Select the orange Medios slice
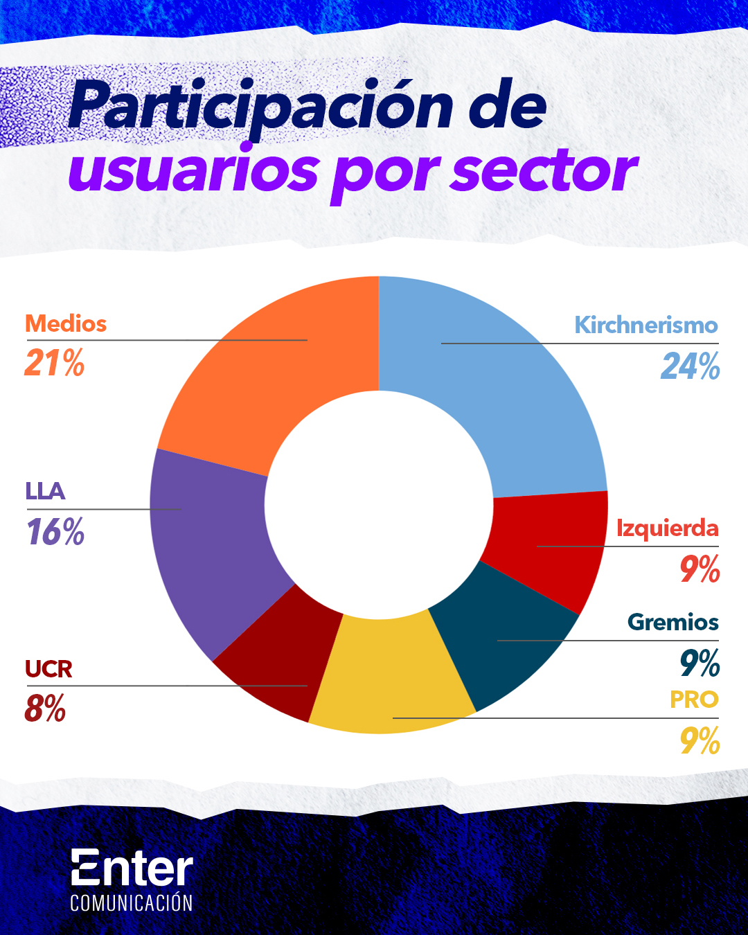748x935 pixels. (x=277, y=367)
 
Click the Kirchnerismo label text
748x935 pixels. (x=645, y=325)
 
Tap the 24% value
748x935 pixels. (x=690, y=366)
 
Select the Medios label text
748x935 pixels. (x=66, y=323)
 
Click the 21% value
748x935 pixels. (x=54, y=362)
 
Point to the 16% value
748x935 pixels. (x=55, y=532)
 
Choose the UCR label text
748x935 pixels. (x=48, y=669)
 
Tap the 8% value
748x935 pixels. (x=45, y=709)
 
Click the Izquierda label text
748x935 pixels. (x=667, y=528)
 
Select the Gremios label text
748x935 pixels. (x=673, y=622)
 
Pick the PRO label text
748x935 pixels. (x=694, y=700)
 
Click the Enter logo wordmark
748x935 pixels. (x=132, y=869)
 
